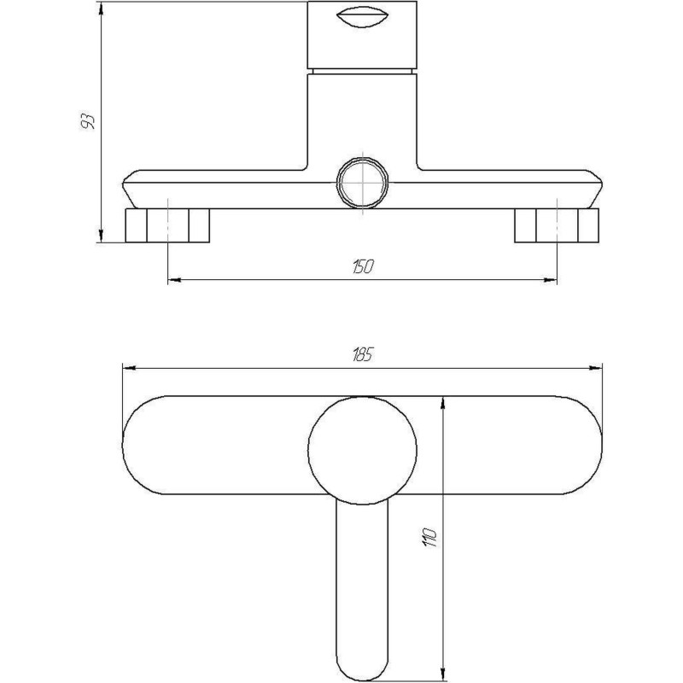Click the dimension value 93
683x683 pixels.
pyautogui.click(x=89, y=121)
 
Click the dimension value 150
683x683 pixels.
pyautogui.click(x=363, y=266)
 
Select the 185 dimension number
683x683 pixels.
pyautogui.click(x=362, y=355)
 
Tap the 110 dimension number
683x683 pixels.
pyautogui.click(x=429, y=537)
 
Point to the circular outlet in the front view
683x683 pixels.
pyautogui.click(x=362, y=182)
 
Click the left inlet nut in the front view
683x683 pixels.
pyautogui.click(x=167, y=225)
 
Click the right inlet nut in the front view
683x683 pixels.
pyautogui.click(x=557, y=225)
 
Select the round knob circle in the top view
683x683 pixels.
pyautogui.click(x=362, y=451)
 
